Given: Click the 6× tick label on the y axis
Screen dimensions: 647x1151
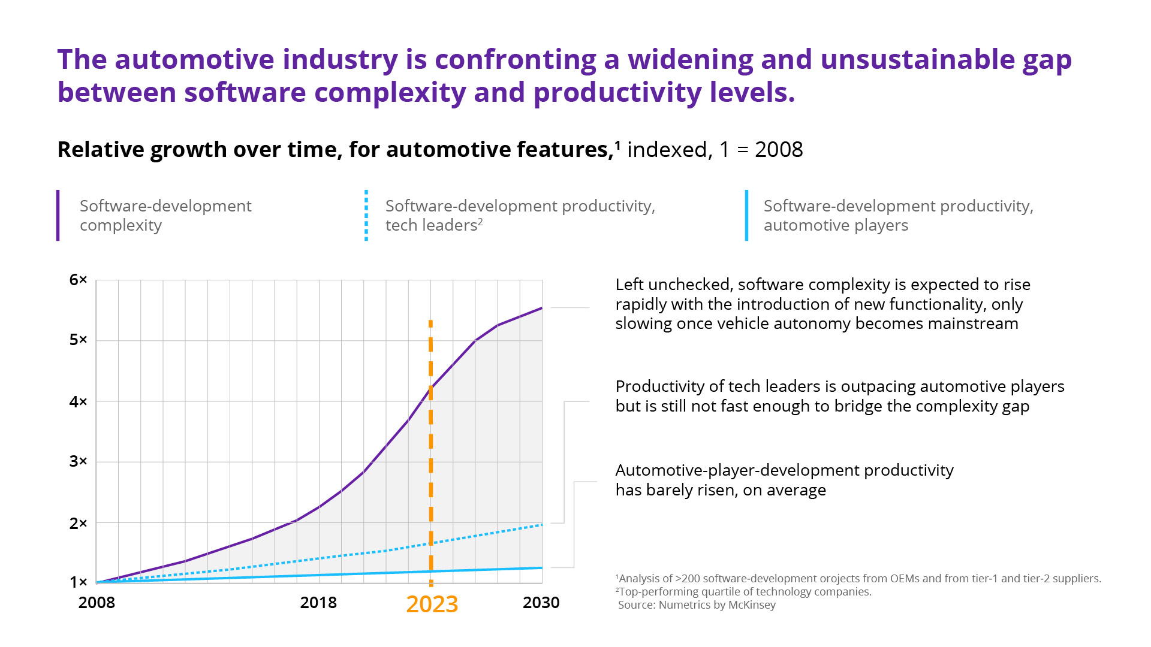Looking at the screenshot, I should [x=78, y=280].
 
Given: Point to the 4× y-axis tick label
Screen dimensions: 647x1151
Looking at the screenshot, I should [x=78, y=401].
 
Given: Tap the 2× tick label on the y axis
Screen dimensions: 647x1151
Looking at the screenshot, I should [x=78, y=524].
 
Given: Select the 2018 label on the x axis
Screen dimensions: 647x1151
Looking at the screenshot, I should [x=318, y=603].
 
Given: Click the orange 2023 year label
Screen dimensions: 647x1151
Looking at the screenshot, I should [x=432, y=604].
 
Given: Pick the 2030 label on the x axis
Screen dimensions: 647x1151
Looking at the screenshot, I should [x=541, y=603].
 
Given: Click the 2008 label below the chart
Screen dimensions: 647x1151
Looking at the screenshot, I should [x=97, y=603].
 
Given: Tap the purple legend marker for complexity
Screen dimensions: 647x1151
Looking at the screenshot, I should [x=58, y=216].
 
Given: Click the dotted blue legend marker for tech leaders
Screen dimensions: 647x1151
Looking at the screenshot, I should [x=366, y=216].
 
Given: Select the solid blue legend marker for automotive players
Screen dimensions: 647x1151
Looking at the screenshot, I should [x=746, y=216].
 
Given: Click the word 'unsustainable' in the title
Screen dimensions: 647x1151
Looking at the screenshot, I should [x=917, y=60].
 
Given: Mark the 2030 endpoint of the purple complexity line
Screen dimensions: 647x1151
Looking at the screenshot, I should [x=542, y=308].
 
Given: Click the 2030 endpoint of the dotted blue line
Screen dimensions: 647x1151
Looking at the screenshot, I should [x=542, y=525].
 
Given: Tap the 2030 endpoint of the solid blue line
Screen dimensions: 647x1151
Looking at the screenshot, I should [x=542, y=567].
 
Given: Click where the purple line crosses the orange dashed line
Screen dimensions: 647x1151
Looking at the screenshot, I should [x=431, y=387].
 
